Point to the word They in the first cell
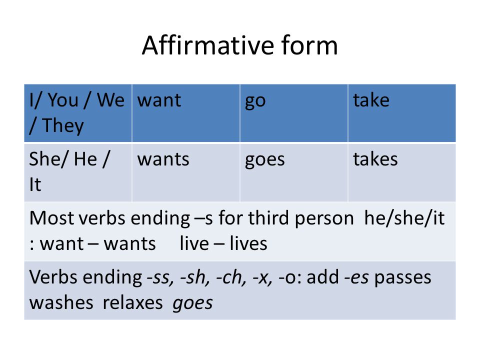[x=63, y=126]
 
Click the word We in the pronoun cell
[x=111, y=100]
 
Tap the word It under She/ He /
[x=35, y=185]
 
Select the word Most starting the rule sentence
[x=52, y=218]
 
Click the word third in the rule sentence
[x=269, y=218]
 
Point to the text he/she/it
[x=404, y=218]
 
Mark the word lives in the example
[x=248, y=243]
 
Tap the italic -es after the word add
[x=356, y=277]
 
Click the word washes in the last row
[x=61, y=303]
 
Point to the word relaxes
[x=132, y=303]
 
